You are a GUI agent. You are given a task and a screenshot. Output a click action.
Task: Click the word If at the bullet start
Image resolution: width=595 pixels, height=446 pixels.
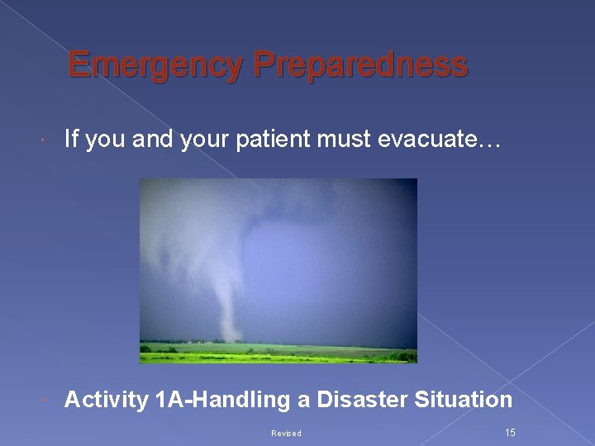tap(70, 141)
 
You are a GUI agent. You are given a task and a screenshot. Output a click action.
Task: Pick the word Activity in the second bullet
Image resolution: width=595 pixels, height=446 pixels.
tap(106, 401)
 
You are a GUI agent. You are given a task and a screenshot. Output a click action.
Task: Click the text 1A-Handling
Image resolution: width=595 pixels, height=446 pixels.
tap(221, 401)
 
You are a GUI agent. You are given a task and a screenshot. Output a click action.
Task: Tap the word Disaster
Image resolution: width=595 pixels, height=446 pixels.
tap(358, 401)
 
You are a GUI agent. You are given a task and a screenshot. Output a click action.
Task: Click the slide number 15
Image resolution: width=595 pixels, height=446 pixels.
tap(509, 433)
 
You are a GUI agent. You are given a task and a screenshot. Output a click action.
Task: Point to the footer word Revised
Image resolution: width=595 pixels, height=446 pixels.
tap(286, 434)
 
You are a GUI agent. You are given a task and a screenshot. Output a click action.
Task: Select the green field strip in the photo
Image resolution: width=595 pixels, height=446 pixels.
tap(278, 353)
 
